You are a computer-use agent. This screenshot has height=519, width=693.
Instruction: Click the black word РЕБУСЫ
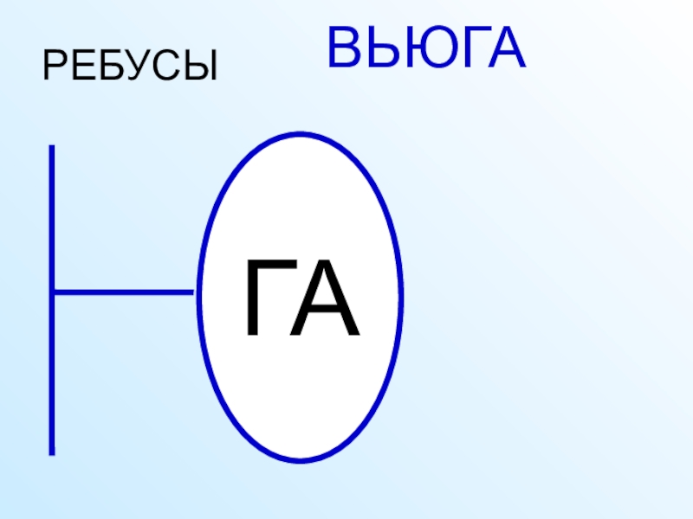[x=130, y=66]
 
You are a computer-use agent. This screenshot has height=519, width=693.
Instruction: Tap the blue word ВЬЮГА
[x=426, y=49]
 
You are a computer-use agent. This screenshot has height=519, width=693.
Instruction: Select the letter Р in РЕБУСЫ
[x=55, y=66]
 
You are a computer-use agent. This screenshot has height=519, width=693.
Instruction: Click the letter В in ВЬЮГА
[x=345, y=49]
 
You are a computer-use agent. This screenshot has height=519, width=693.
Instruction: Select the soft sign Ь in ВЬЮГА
[x=381, y=49]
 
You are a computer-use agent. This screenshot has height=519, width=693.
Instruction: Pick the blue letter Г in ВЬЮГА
[x=470, y=49]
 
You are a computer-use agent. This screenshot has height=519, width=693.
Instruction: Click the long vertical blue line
[x=52, y=216]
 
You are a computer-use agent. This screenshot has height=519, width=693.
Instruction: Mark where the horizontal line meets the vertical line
[x=52, y=292]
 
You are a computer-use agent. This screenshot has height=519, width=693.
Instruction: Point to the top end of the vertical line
[x=52, y=147]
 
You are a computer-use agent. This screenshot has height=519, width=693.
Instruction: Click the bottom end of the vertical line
[x=52, y=452]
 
